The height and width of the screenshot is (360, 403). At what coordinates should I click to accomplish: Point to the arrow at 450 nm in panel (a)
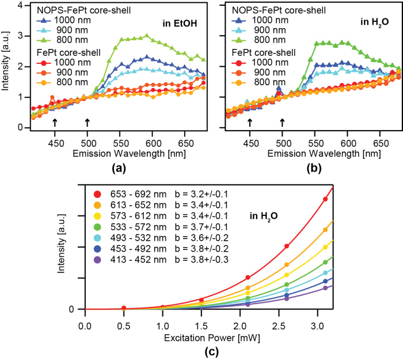point(55,123)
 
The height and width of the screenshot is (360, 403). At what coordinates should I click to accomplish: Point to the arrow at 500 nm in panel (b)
point(282,123)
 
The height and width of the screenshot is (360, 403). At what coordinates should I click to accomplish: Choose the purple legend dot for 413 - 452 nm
point(98,260)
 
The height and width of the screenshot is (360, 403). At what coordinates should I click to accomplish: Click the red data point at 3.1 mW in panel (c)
point(325,199)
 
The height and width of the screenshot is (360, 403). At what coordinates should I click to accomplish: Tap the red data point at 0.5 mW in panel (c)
point(124,308)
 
